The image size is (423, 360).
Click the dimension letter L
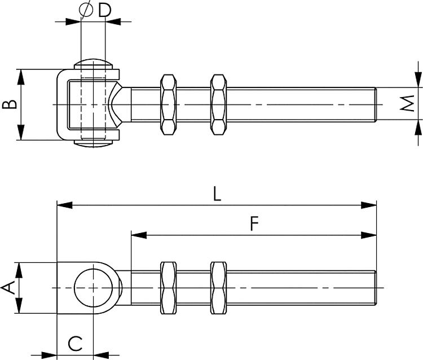click(217, 194)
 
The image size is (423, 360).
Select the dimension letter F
click(254, 224)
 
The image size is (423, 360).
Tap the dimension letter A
click(8, 288)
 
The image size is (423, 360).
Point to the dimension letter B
click(8, 104)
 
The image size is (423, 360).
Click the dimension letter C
click(75, 343)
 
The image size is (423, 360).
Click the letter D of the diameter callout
click(104, 10)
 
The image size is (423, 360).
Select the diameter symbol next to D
click(86, 10)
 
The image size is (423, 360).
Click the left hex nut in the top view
click(168, 104)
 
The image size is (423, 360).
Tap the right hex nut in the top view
click(218, 104)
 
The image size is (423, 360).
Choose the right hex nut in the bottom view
click(218, 288)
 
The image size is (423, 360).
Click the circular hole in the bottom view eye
click(92, 288)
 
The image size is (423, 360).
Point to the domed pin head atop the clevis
click(92, 62)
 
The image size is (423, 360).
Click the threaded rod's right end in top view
click(374, 104)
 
